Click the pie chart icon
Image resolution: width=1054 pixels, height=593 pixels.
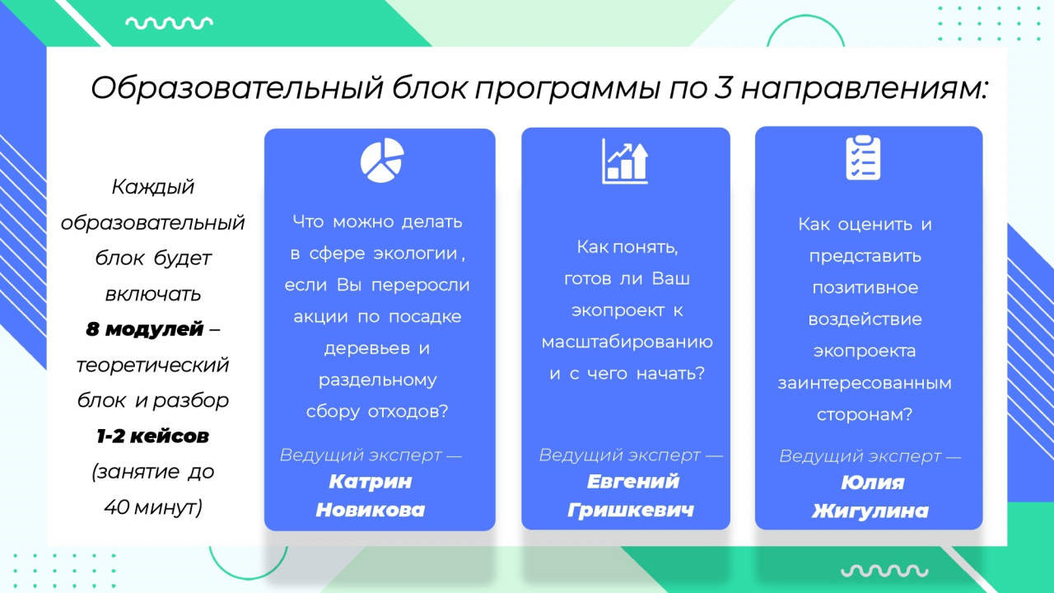382,160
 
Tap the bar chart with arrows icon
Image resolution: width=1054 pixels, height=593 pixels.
625,161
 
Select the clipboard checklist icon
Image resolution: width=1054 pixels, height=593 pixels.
863,158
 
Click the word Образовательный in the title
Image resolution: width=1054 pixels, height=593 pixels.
237,88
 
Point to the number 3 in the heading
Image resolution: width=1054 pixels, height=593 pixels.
723,88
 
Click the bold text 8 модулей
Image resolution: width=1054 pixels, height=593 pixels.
144,329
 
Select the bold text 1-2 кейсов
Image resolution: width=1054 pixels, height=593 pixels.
152,437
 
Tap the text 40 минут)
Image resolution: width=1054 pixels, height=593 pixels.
153,507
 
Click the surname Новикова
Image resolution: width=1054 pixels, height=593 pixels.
371,510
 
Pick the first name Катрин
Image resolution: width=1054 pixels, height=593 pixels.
371,482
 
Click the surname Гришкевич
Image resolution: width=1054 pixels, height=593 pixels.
631,510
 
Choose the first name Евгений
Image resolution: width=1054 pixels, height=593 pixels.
633,482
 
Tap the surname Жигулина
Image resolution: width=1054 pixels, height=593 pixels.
870,511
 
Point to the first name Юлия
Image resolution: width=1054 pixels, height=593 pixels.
872,483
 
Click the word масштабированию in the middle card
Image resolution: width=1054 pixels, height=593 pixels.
627,342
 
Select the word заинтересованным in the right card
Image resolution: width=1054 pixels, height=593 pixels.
865,383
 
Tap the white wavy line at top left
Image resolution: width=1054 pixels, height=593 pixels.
169,23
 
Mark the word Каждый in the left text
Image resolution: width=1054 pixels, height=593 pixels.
153,187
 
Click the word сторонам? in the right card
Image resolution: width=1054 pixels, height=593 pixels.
865,414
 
